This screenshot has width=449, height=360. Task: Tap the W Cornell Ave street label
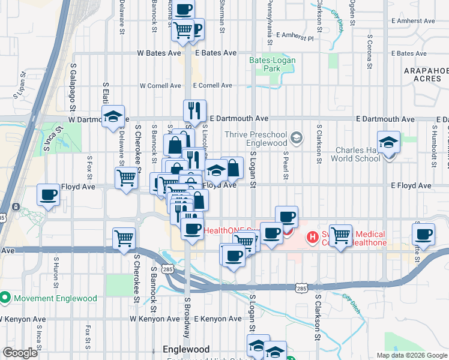click(x=161, y=86)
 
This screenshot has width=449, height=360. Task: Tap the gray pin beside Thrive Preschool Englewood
click(x=296, y=139)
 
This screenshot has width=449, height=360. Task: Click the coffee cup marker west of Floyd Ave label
click(x=48, y=195)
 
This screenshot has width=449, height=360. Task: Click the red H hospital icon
click(x=312, y=238)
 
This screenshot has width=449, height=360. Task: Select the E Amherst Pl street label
click(x=295, y=38)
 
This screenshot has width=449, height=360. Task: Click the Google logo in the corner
click(x=20, y=353)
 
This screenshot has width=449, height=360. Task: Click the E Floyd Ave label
click(x=411, y=186)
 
